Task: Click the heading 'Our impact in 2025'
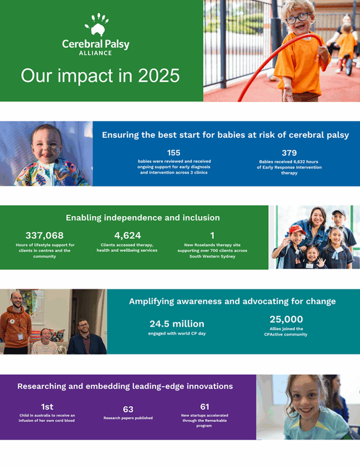pyautogui.click(x=100, y=75)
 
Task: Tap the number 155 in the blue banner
pyautogui.click(x=173, y=153)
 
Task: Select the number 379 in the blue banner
pyautogui.click(x=289, y=153)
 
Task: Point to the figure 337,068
pyautogui.click(x=45, y=235)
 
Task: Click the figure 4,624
pyautogui.click(x=127, y=235)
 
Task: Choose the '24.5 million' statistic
pyautogui.click(x=177, y=324)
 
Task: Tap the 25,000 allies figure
pyautogui.click(x=286, y=319)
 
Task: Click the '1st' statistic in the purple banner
pyautogui.click(x=47, y=407)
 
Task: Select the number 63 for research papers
pyautogui.click(x=128, y=409)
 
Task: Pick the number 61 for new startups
pyautogui.click(x=204, y=407)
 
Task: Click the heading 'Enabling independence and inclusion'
pyautogui.click(x=142, y=217)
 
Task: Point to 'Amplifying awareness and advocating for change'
pyautogui.click(x=232, y=301)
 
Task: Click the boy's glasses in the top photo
pyautogui.click(x=297, y=18)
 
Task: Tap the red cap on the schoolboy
pyautogui.click(x=296, y=229)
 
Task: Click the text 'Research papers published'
pyautogui.click(x=128, y=418)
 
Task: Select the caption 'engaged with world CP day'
pyautogui.click(x=177, y=333)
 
